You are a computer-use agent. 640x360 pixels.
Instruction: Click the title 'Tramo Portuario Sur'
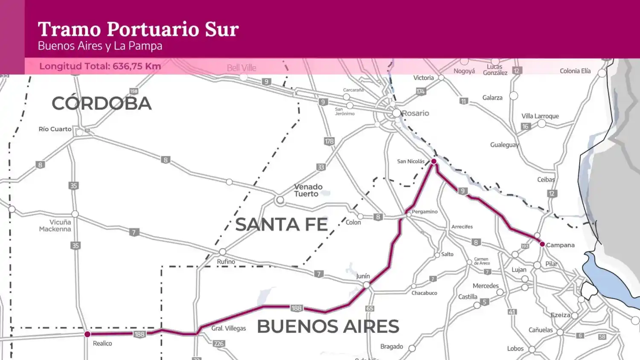click(x=138, y=29)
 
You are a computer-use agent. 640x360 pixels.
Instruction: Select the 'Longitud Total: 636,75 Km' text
click(x=100, y=66)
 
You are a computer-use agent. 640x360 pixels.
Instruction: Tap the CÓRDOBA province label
click(x=102, y=104)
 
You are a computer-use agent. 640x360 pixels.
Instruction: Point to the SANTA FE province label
click(x=281, y=225)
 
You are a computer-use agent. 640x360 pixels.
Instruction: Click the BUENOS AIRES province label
click(x=328, y=327)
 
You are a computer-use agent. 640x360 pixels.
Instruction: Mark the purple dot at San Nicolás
click(x=433, y=161)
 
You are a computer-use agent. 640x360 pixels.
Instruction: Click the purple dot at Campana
click(x=542, y=244)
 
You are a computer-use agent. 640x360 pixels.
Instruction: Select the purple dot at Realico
click(x=87, y=334)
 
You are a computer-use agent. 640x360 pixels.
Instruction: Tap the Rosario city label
click(x=415, y=113)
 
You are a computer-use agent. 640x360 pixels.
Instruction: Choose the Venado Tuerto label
click(x=308, y=190)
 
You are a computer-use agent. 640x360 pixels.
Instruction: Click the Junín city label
click(x=363, y=276)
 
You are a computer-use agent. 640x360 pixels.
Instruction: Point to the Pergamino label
click(x=425, y=212)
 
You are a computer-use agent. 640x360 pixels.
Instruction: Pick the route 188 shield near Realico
click(x=140, y=334)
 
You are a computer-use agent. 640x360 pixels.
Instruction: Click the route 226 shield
click(x=218, y=343)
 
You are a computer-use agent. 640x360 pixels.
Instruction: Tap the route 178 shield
click(x=329, y=141)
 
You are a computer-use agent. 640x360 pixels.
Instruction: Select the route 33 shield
click(x=321, y=167)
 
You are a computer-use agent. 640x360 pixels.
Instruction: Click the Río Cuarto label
click(x=55, y=129)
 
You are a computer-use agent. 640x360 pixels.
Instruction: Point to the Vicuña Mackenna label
click(x=55, y=226)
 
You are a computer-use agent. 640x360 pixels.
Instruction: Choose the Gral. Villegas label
click(x=229, y=328)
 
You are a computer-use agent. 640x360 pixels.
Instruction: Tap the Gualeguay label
click(x=504, y=145)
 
